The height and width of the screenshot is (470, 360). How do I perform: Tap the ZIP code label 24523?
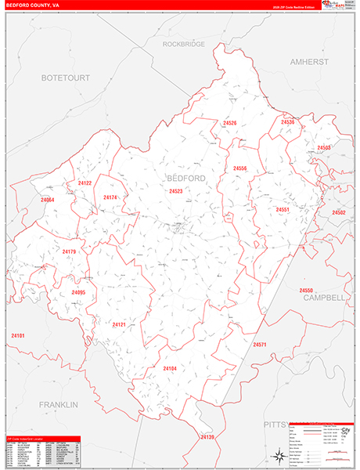[175, 191]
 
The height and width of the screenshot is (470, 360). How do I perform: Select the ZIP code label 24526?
[229, 123]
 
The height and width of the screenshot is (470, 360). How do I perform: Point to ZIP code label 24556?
[239, 168]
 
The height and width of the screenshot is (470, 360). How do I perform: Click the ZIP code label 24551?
[283, 210]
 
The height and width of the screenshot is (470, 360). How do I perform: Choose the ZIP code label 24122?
[85, 183]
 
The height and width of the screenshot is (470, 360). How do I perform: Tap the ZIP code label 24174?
[110, 197]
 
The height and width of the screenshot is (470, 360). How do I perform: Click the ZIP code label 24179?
[69, 251]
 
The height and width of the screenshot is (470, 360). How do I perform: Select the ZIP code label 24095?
[77, 292]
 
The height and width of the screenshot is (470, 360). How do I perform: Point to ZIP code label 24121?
[118, 324]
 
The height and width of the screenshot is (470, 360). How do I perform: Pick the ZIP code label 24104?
[170, 368]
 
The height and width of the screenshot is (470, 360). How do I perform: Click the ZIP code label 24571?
[260, 345]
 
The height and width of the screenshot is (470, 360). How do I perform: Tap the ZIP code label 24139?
[207, 436]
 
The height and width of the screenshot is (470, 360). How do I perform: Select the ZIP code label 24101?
[18, 336]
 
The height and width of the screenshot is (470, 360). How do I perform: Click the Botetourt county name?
[66, 78]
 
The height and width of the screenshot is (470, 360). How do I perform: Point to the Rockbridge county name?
[184, 45]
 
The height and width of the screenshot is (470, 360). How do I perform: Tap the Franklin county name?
[58, 404]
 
